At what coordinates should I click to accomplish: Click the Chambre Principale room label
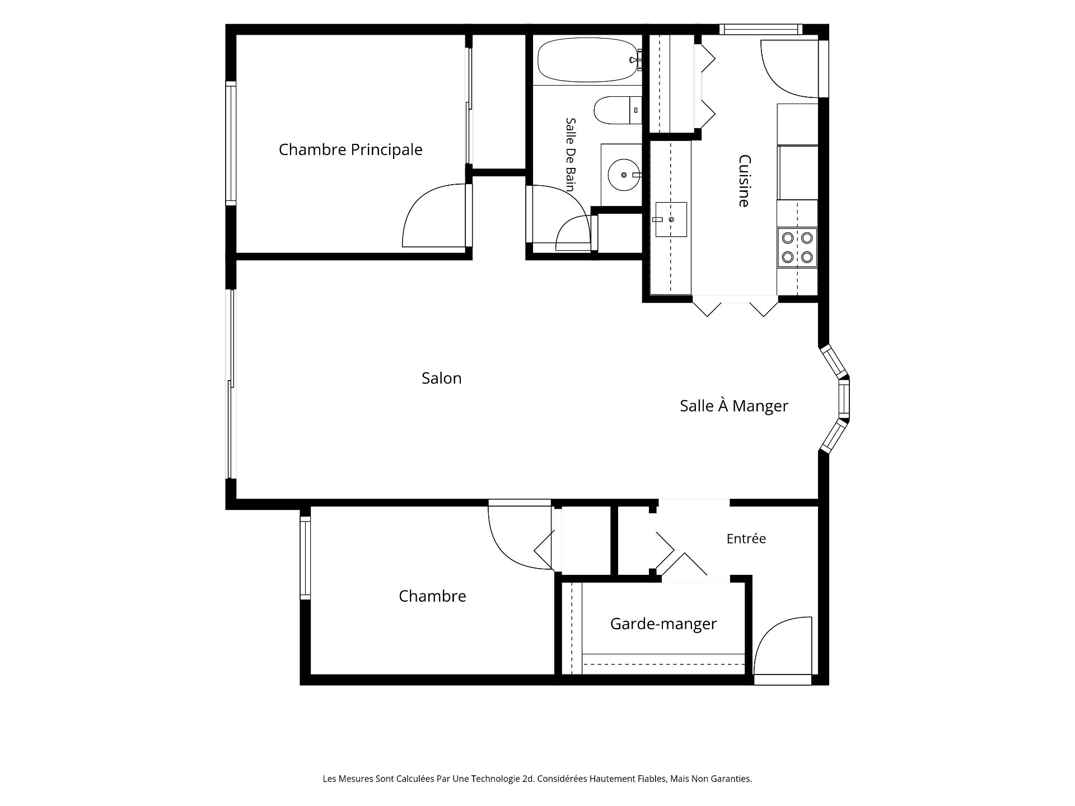(350, 150)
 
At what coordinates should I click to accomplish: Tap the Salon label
(442, 378)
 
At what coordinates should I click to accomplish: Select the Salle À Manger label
(734, 406)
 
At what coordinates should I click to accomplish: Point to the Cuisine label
(744, 181)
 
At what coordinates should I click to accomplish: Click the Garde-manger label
(663, 624)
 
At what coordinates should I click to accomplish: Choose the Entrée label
(746, 538)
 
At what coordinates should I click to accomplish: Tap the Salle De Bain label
(571, 154)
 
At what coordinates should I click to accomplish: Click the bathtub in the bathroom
(587, 60)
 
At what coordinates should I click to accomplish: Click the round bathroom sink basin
(623, 175)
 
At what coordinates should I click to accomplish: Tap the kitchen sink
(671, 219)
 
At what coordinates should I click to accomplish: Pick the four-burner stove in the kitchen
(797, 247)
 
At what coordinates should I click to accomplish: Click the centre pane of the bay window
(844, 399)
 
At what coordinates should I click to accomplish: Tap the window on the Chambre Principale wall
(231, 143)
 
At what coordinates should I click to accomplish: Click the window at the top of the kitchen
(760, 29)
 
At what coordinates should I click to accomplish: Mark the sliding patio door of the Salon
(230, 384)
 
